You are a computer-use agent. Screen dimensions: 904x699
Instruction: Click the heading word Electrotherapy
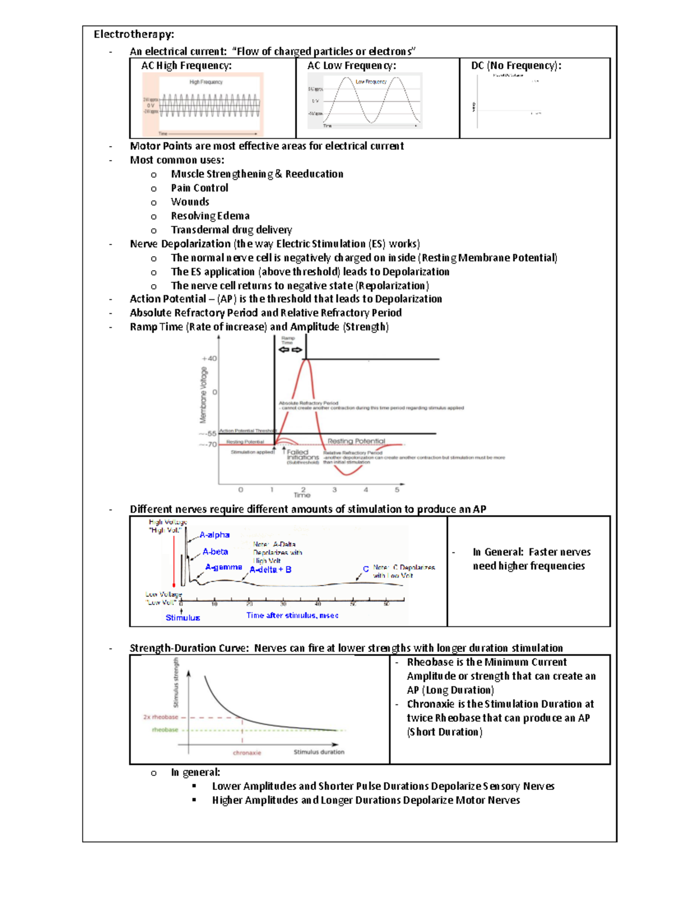click(x=133, y=34)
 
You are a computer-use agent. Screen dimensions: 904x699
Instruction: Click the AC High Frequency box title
click(x=186, y=66)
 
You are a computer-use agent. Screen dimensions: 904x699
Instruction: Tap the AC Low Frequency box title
click(x=352, y=66)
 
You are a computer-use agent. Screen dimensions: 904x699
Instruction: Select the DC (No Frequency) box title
click(x=516, y=66)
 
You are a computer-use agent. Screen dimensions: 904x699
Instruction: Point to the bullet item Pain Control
click(x=199, y=188)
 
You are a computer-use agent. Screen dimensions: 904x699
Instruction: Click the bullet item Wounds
click(x=190, y=202)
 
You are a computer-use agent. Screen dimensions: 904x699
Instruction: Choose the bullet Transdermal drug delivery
click(x=231, y=230)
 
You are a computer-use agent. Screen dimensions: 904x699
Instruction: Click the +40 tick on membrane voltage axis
click(x=209, y=359)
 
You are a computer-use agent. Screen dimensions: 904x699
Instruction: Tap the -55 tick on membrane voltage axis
click(x=208, y=434)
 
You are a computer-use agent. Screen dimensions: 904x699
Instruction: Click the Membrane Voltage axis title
click(x=203, y=395)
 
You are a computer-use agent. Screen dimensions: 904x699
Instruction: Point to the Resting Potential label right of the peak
click(x=356, y=441)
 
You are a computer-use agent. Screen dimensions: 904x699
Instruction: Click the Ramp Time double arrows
click(x=290, y=350)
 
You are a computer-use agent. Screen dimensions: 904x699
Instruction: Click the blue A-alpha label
click(x=214, y=535)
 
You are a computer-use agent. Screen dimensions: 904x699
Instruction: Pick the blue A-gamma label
click(x=223, y=567)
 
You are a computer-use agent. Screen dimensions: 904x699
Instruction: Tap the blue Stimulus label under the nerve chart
click(x=182, y=618)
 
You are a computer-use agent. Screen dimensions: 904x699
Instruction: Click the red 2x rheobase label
click(x=161, y=717)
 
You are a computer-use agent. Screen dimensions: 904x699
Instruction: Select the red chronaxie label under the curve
click(x=247, y=753)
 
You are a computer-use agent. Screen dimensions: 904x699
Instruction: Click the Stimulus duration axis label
click(x=319, y=752)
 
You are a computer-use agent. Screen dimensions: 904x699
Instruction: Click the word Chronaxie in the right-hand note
click(x=430, y=704)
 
